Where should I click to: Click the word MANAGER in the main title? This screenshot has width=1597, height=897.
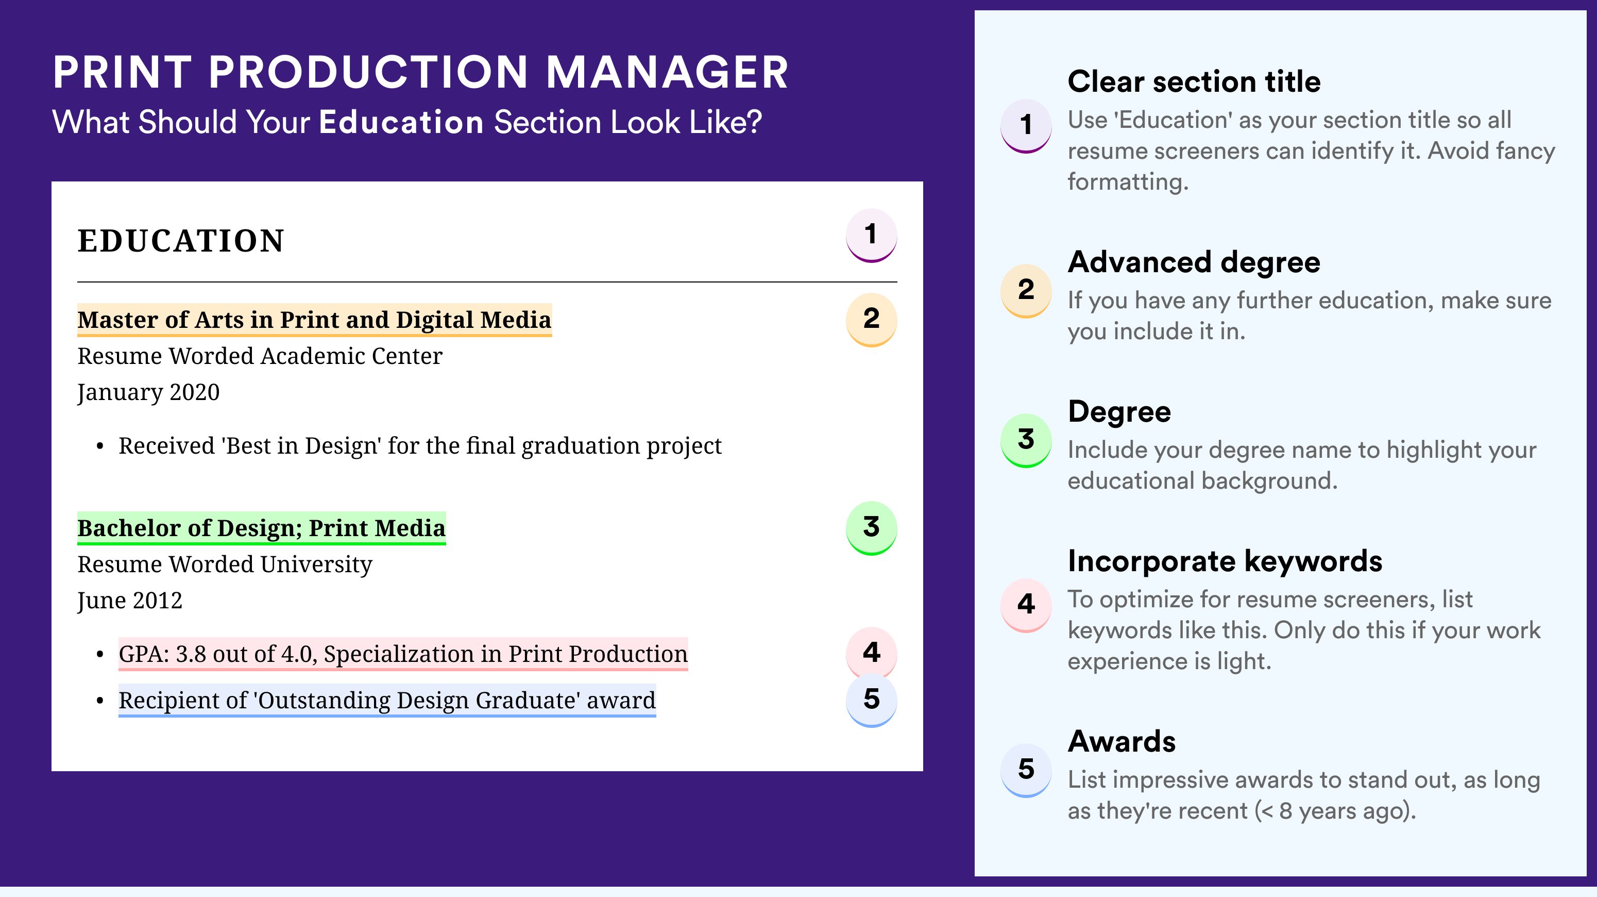667,72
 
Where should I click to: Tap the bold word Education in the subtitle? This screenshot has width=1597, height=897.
401,122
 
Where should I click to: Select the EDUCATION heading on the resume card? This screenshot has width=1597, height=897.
180,241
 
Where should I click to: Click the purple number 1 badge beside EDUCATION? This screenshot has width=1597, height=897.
871,235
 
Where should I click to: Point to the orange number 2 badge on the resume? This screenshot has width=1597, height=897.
871,320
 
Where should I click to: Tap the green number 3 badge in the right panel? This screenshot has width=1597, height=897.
1026,440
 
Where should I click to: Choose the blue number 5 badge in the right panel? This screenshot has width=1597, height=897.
1026,770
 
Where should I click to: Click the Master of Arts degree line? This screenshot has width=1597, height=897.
314,320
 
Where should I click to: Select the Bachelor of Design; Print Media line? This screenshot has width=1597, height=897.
262,528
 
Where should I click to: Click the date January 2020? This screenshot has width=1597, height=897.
148,393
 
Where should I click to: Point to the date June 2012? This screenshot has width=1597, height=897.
130,601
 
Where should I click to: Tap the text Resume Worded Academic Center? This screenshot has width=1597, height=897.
260,356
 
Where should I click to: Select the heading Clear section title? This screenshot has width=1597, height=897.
1194,81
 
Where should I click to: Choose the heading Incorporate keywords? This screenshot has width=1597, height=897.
1225,561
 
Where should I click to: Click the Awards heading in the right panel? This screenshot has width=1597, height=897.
1122,741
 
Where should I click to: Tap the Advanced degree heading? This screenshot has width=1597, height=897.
1194,262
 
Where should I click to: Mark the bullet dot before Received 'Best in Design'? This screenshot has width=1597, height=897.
100,446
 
